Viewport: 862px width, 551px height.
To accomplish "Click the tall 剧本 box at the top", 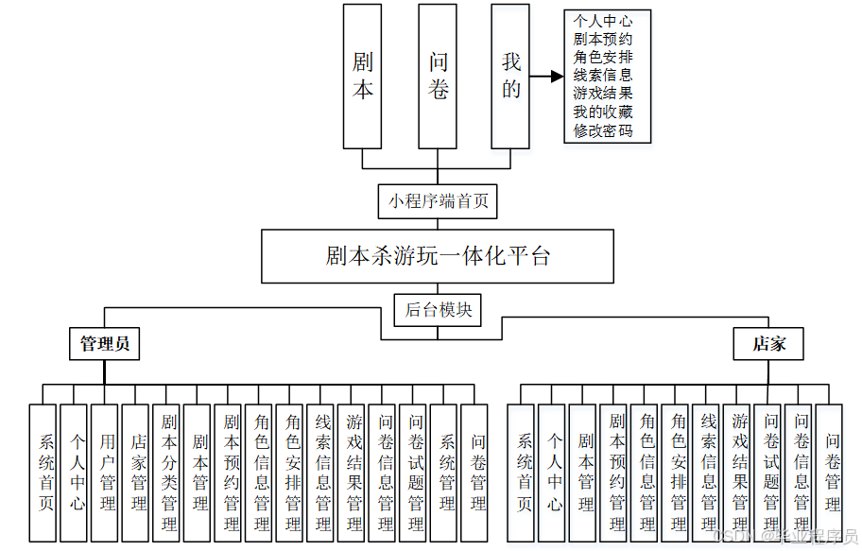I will [x=362, y=76].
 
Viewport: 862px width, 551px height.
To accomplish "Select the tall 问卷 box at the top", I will [x=438, y=76].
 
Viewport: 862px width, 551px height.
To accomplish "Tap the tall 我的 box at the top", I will [x=510, y=76].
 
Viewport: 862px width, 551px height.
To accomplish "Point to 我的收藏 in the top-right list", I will [x=603, y=112].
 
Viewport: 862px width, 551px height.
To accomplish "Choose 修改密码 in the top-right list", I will [x=603, y=130].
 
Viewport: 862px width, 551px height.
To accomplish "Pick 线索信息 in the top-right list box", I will [x=603, y=75].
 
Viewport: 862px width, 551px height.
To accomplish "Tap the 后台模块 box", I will [x=438, y=309].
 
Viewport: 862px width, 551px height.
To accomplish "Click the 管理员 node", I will [x=104, y=344].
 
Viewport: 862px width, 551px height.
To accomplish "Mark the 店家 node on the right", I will [x=768, y=344].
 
